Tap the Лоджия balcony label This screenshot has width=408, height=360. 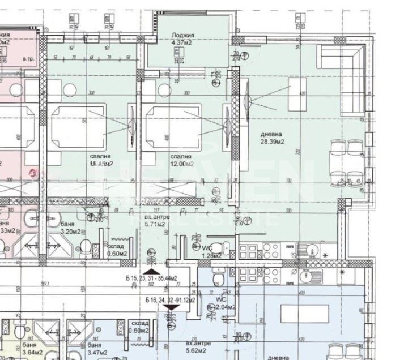(x=182, y=34)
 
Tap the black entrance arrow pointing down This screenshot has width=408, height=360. (x=173, y=306)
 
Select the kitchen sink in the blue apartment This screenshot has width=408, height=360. (x=309, y=277)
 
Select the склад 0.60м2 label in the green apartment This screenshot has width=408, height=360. (x=116, y=250)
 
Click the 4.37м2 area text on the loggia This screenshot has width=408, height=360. (x=182, y=41)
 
